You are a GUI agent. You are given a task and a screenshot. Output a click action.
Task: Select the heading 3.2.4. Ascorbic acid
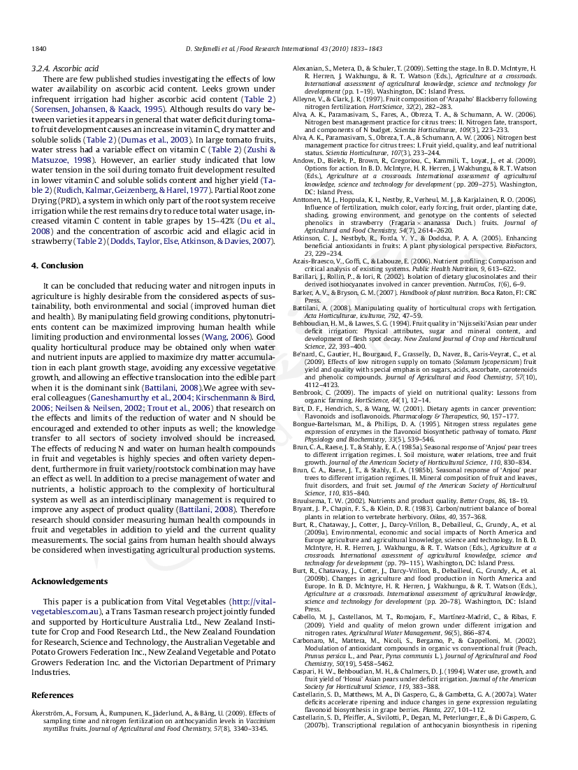coord(65,69)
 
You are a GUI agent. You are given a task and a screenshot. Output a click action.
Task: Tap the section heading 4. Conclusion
coord(57,266)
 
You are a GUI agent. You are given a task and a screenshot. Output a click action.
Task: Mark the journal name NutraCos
coord(497,284)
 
